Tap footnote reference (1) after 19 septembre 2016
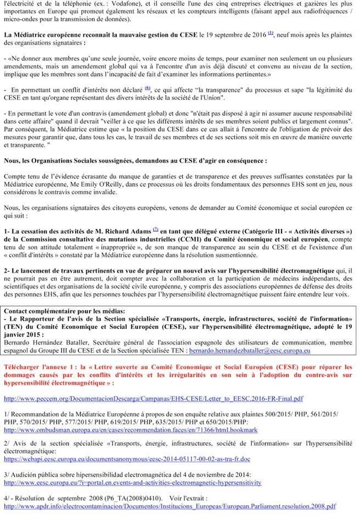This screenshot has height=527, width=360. click(271, 33)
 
